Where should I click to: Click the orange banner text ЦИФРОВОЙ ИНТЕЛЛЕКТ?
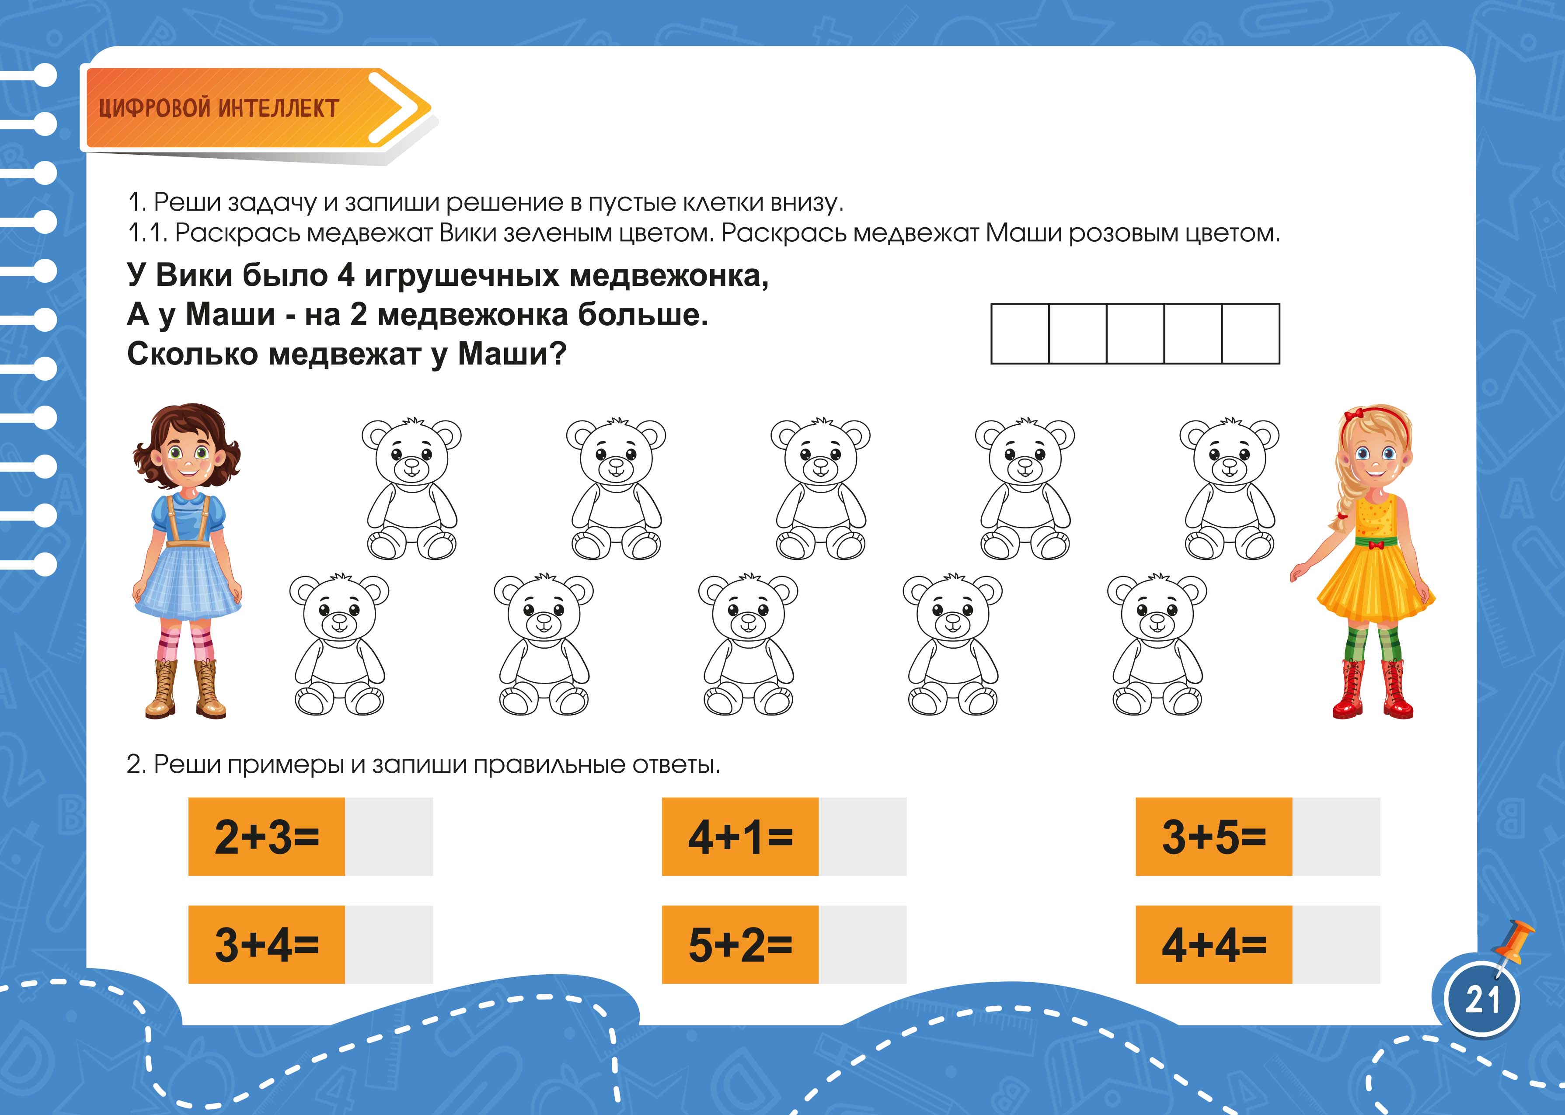pos(219,108)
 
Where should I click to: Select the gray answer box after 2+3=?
pos(389,836)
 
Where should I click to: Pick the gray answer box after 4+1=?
pos(862,836)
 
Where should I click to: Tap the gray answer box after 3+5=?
pos(1336,836)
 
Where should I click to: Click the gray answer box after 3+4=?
pos(389,944)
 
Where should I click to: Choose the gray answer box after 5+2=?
pos(862,944)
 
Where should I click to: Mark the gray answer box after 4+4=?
pos(1336,944)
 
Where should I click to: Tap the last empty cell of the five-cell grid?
pos(1251,333)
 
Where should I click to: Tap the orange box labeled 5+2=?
pos(740,944)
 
